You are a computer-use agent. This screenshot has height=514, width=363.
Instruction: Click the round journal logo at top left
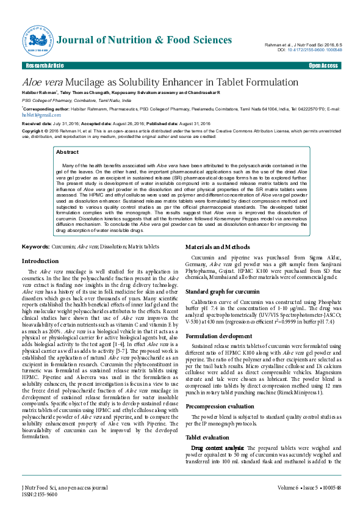click(x=34, y=40)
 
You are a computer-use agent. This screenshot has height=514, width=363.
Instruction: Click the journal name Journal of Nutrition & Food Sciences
click(x=145, y=40)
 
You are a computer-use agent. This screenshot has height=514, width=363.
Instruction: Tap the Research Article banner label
click(x=45, y=65)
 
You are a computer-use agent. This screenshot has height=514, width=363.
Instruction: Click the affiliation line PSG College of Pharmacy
click(x=76, y=100)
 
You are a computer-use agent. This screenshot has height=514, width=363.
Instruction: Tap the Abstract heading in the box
click(x=67, y=152)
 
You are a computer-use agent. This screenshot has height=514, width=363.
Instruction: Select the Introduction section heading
click(x=40, y=261)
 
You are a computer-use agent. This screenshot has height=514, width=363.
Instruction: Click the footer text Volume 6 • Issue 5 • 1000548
click(x=309, y=488)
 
